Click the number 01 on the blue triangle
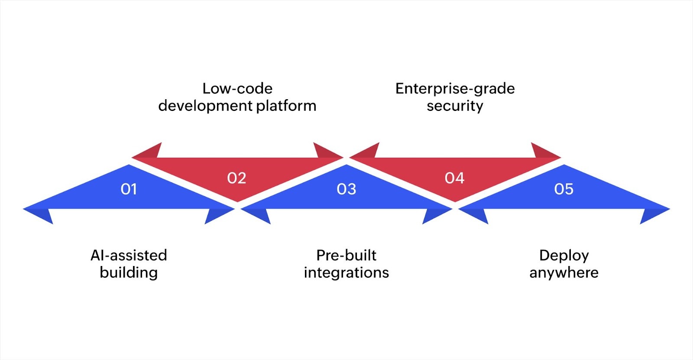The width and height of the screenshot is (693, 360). [x=129, y=189]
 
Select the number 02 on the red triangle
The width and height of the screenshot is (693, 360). [x=236, y=178]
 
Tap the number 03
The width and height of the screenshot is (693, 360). [x=346, y=189]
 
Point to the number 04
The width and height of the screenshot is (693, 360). [x=454, y=178]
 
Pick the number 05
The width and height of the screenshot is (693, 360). [x=564, y=189]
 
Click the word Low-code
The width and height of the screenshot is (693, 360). [x=237, y=88]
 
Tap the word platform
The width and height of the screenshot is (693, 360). [x=286, y=106]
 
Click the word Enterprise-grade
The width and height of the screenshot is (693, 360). [x=455, y=88]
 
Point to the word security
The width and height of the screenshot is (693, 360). [x=455, y=106]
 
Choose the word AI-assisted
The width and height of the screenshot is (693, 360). [x=129, y=255]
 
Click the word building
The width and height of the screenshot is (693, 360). [x=129, y=272]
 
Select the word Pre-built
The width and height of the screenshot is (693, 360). [x=346, y=255]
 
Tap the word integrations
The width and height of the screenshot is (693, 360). [x=346, y=272]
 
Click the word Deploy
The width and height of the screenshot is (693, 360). [x=564, y=255]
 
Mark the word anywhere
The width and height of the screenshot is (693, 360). [x=564, y=272]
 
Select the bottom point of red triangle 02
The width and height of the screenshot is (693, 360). [x=237, y=200]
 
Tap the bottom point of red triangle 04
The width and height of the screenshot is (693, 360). [x=455, y=200]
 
